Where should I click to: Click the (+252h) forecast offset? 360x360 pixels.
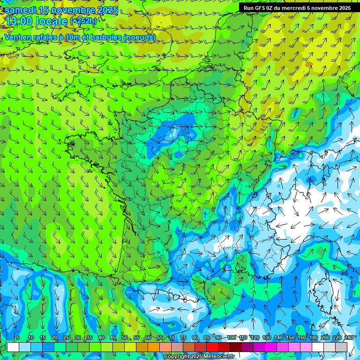(x=83, y=21)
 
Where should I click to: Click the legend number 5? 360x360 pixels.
(x=18, y=337)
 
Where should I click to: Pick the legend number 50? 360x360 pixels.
(x=124, y=337)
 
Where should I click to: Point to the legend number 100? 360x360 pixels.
(x=231, y=337)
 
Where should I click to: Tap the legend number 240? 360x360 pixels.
(x=348, y=337)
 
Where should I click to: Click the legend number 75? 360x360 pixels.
(x=183, y=337)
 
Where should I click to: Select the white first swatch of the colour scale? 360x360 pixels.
(x=13, y=347)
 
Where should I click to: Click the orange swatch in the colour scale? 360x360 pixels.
(x=154, y=347)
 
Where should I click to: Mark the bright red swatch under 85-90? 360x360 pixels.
(x=212, y=347)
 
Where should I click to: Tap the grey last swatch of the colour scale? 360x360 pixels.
(x=341, y=347)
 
